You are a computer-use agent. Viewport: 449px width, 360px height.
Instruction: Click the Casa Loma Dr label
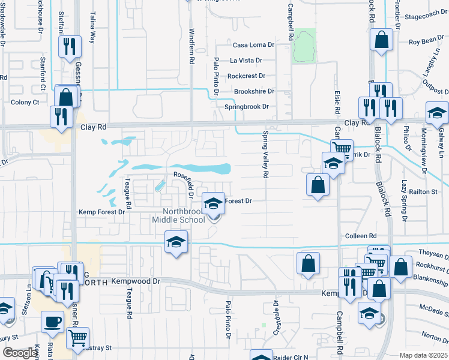tap(253, 45)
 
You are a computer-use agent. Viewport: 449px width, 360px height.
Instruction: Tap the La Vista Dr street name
tap(246, 61)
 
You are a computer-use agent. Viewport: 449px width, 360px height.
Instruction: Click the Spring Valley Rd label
tap(264, 155)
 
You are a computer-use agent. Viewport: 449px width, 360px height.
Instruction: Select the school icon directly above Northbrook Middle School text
tap(212, 203)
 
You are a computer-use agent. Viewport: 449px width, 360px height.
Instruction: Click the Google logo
tap(19, 353)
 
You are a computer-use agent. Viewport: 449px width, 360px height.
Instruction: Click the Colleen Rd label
tap(360, 236)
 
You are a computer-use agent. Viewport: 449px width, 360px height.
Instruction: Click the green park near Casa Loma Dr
tap(304, 46)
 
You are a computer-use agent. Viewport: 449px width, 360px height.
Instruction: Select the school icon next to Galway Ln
tap(437, 112)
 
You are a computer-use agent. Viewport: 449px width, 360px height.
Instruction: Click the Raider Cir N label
tap(291, 357)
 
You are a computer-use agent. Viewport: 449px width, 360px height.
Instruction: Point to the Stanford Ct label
tap(43, 74)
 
